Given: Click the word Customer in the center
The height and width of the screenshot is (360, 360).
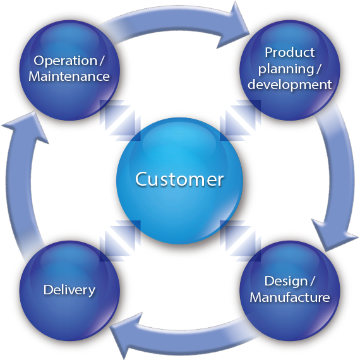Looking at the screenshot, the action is (x=179, y=179).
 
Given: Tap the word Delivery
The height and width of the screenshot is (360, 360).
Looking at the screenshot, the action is (x=69, y=290).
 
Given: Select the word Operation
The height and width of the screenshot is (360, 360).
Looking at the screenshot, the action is (x=66, y=61).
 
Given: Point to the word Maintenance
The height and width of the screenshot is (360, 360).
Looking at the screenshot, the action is (x=69, y=76).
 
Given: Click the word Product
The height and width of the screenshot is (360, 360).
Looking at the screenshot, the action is (x=290, y=52).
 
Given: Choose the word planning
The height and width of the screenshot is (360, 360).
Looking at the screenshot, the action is (x=286, y=69).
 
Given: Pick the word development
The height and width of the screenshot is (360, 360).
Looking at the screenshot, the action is (x=290, y=85).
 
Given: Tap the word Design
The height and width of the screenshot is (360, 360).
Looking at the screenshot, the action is (x=285, y=282).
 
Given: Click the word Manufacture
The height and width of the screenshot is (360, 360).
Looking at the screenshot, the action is (x=290, y=297).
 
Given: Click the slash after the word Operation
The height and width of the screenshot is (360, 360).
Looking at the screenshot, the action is (x=102, y=61).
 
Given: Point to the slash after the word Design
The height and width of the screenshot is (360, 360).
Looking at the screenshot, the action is (x=312, y=281).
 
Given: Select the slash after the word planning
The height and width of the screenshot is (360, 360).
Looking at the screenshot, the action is (x=318, y=68).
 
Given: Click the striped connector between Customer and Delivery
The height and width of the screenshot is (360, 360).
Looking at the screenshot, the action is (x=120, y=241).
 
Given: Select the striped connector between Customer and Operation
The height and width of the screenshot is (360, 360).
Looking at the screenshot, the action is (x=120, y=120).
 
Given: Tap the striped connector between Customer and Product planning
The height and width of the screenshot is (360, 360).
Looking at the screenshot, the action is (x=241, y=120).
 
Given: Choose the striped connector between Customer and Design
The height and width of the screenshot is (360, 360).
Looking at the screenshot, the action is (x=241, y=241).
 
